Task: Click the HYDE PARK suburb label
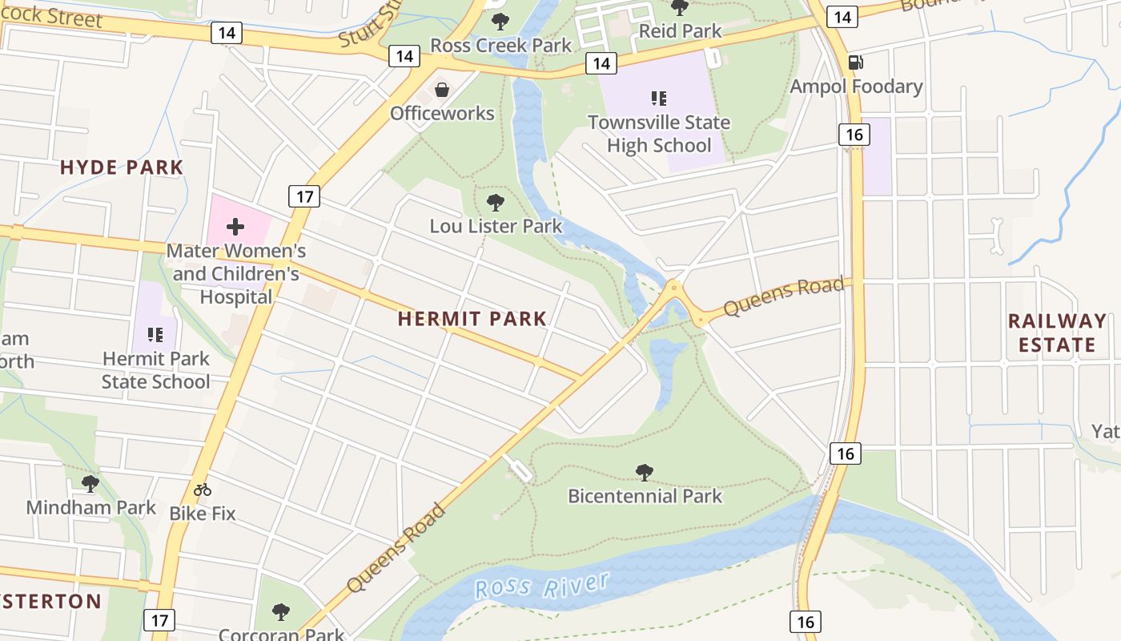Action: coord(122,167)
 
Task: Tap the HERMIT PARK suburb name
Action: coord(472,319)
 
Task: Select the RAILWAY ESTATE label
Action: coord(1056,333)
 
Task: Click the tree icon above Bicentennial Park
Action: coord(644,472)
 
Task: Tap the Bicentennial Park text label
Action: coord(645,496)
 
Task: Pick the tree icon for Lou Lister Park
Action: coord(496,202)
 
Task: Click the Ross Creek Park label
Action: coord(501,45)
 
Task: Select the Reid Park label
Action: coord(680,31)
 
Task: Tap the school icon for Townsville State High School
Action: coord(659,99)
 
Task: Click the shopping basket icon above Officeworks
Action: coord(441,89)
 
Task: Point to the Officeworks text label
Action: coord(442,113)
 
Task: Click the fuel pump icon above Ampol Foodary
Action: coord(856,62)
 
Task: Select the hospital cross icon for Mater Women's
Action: coord(235,227)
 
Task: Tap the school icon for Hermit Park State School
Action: coord(155,334)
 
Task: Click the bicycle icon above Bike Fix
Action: coord(203,489)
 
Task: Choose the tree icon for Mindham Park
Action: coord(90,483)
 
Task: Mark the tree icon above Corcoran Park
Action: coord(280,612)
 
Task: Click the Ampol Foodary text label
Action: coord(856,86)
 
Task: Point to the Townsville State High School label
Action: coord(659,134)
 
